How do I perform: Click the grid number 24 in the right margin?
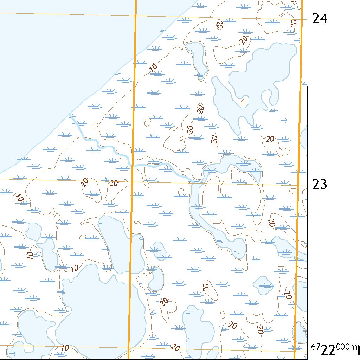coord(320,18)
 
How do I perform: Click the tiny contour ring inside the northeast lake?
coord(243,102)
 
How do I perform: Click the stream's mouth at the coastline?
coord(70,115)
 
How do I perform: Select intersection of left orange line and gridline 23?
coord(131,182)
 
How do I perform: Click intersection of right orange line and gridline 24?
coord(302,19)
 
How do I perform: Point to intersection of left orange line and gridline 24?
coord(135,16)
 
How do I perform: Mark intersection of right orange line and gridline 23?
coord(298,185)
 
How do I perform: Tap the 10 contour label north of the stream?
coord(153,67)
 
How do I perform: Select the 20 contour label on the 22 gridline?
coord(175,348)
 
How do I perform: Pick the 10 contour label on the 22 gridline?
coord(65,348)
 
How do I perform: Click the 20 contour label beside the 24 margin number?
coord(294,24)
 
